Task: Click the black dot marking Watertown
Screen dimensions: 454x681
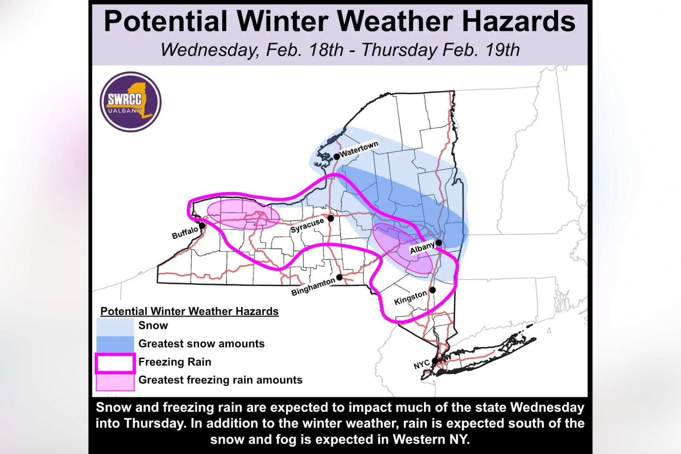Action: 336,156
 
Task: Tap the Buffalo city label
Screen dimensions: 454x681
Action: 185,233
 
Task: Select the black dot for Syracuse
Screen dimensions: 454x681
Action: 331,218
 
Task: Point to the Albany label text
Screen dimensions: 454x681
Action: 422,248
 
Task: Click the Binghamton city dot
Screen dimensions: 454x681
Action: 339,278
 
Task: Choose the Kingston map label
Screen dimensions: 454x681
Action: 410,298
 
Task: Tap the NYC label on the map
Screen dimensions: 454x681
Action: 421,365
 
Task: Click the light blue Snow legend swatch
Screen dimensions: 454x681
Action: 115,326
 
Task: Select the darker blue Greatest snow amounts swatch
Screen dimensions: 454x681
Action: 115,344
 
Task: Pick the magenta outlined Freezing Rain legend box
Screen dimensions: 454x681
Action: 115,363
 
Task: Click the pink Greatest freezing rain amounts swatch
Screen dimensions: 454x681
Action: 115,382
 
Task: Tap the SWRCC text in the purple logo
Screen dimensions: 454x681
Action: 125,99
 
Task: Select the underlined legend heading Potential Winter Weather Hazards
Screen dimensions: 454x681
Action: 189,311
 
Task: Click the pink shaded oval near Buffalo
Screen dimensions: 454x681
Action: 243,214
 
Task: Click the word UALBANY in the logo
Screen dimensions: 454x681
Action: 125,110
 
